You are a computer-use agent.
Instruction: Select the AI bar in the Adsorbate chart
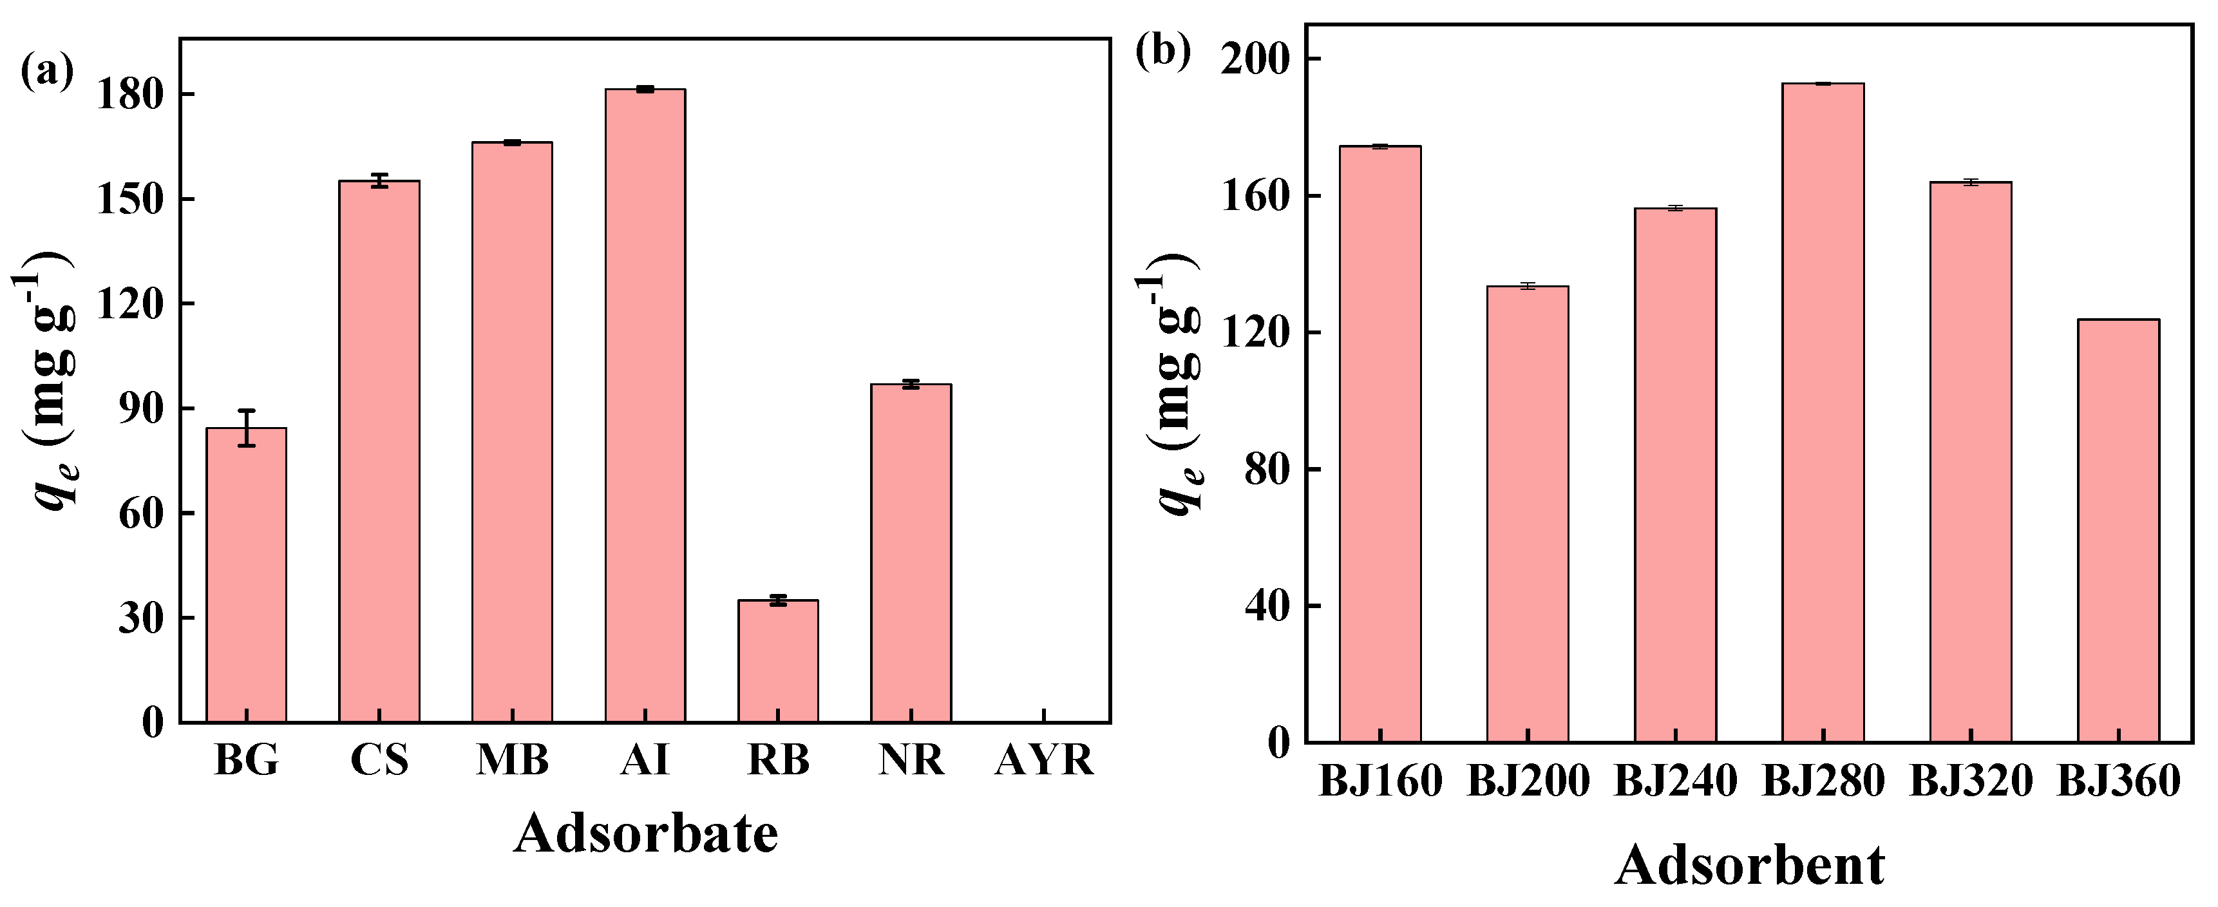pyautogui.click(x=645, y=405)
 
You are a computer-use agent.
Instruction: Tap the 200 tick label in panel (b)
pyautogui.click(x=1257, y=59)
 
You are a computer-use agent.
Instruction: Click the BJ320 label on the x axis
pyautogui.click(x=1971, y=782)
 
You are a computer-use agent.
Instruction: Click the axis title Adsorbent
pyautogui.click(x=1750, y=866)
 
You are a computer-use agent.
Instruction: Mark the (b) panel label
pyautogui.click(x=1162, y=52)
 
